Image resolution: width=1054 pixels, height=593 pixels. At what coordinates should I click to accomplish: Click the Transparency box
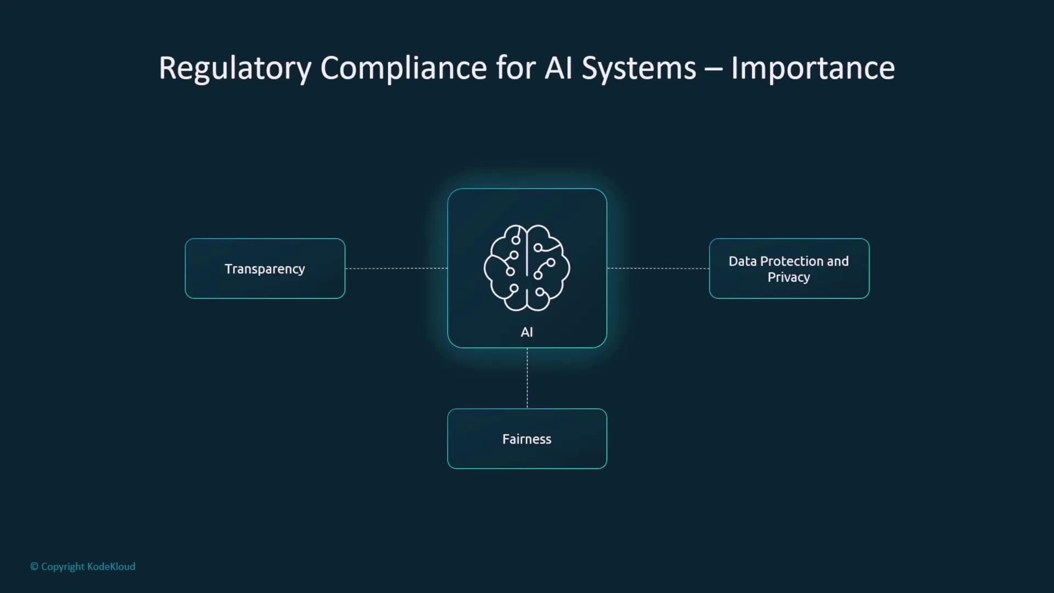tap(265, 268)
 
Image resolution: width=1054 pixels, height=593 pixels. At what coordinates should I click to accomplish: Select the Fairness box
tap(527, 439)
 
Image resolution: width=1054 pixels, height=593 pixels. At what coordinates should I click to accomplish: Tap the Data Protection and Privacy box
tap(789, 268)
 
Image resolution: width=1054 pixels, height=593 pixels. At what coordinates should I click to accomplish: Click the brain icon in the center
tap(527, 267)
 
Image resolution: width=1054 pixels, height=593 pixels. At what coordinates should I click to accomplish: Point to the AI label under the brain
tap(527, 332)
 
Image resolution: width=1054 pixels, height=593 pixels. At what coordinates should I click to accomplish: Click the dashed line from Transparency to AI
tap(396, 268)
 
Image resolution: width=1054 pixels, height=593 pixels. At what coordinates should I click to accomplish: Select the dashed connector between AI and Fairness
tap(527, 378)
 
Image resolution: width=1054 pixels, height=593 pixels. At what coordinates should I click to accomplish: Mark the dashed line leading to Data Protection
tap(658, 268)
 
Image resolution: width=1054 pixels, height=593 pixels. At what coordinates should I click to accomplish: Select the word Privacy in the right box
tap(789, 277)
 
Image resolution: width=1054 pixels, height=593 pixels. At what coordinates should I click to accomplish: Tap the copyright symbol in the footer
tap(34, 567)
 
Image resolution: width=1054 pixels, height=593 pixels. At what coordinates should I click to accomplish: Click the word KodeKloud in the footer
tap(111, 567)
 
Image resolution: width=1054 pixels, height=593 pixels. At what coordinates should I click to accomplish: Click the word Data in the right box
tap(743, 261)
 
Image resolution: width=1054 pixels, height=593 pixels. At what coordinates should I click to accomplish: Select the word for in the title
tap(515, 68)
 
